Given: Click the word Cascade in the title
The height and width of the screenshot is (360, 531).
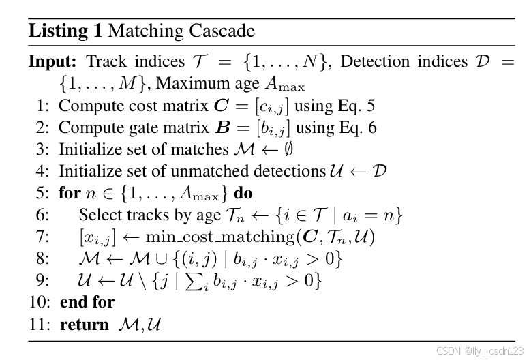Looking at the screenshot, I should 220,31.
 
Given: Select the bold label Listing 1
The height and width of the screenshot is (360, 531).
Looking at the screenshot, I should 66,31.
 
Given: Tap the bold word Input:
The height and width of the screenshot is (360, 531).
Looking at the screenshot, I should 54,62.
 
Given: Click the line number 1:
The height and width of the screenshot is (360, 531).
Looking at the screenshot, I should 43,106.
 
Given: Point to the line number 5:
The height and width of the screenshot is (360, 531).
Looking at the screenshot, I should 43,193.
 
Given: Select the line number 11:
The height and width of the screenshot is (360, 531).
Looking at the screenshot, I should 40,324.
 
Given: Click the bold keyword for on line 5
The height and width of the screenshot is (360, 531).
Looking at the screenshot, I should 70,193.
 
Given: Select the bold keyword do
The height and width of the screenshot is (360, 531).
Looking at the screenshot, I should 243,193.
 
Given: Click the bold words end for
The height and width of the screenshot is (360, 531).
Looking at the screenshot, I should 87,302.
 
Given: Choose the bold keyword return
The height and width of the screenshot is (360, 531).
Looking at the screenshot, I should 84,324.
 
